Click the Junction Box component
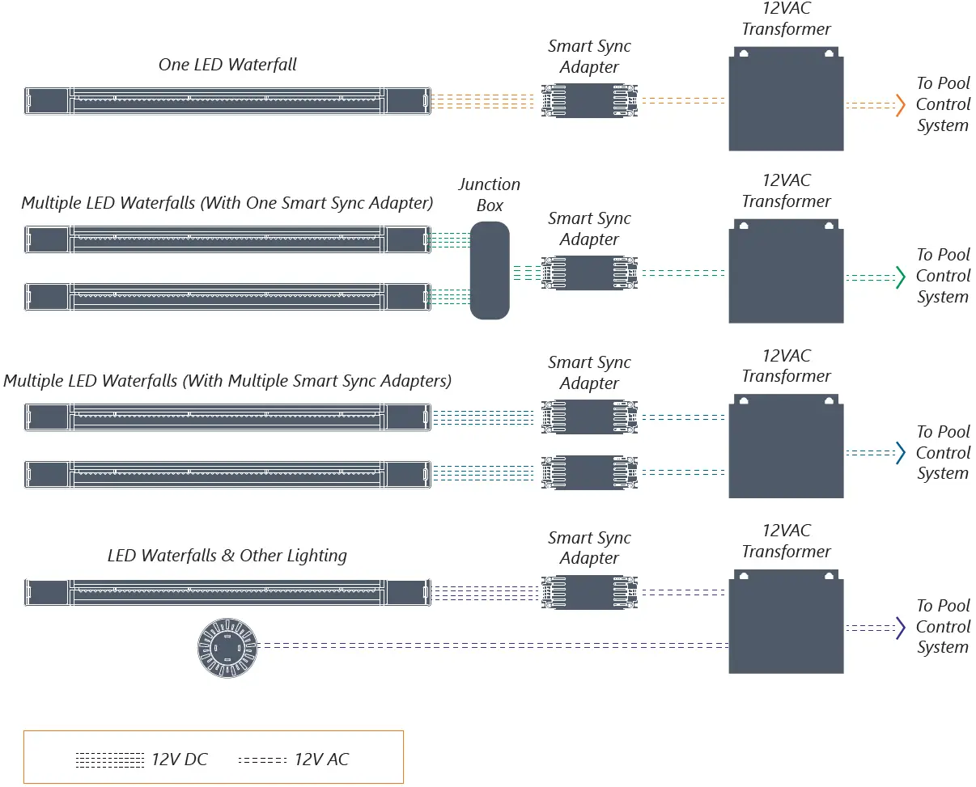coord(490,270)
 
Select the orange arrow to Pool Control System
coord(899,105)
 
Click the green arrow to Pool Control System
coord(899,277)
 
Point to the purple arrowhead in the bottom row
coord(899,628)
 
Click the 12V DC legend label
coord(180,759)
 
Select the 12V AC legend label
coord(321,759)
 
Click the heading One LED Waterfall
coord(227,65)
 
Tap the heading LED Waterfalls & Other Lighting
coord(227,556)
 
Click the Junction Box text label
coord(489,195)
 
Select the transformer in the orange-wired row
coord(786,99)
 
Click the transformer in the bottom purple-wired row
coord(786,621)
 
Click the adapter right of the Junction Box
coord(589,273)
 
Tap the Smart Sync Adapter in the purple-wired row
coord(589,593)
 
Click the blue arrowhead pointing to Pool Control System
coord(899,453)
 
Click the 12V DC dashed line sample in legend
coord(110,760)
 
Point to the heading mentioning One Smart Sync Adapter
coord(227,203)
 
